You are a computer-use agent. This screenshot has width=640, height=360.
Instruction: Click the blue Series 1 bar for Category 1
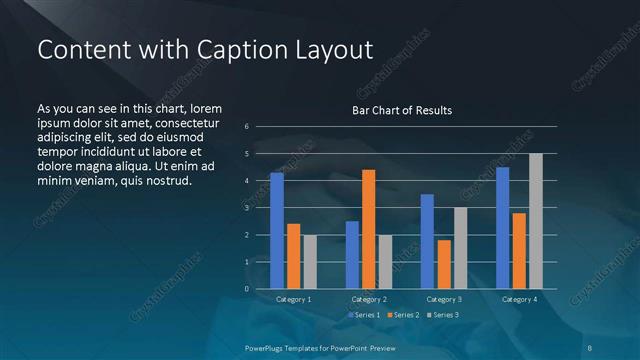[x=277, y=231]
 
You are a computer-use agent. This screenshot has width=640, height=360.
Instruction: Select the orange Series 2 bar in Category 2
[x=368, y=229]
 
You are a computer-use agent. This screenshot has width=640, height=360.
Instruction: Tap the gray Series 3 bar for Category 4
[x=535, y=221]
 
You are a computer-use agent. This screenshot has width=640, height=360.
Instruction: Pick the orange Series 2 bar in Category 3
[x=443, y=264]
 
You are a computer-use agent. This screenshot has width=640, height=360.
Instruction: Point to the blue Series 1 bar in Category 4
[x=502, y=228]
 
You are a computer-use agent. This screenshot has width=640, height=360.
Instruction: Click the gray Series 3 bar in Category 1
[x=310, y=262]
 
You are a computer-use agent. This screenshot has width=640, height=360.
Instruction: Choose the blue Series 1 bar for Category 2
[x=352, y=255]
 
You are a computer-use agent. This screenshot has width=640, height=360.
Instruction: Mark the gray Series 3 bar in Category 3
[x=460, y=248]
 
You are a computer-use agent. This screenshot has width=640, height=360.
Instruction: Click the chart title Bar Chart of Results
[x=402, y=110]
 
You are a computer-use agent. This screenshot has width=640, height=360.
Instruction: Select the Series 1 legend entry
[x=363, y=315]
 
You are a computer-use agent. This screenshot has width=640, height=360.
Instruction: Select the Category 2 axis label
[x=368, y=299]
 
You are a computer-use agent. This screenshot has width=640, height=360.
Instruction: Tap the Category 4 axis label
[x=518, y=299]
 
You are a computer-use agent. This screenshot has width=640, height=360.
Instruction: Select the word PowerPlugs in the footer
[x=267, y=346]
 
